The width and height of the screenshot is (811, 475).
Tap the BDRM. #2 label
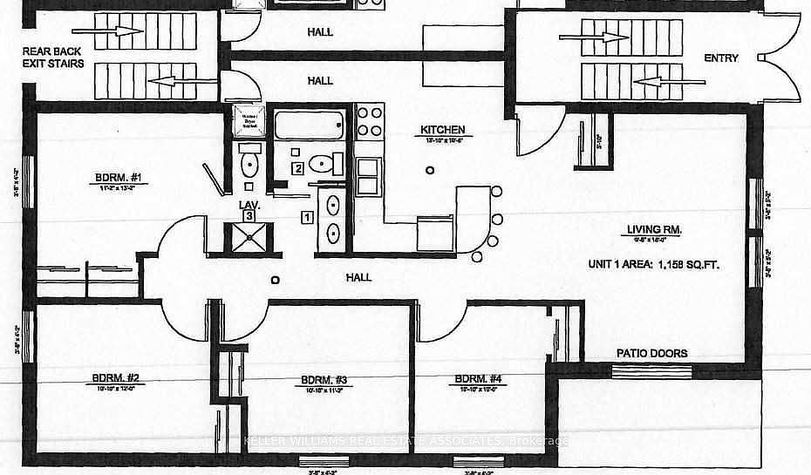tap(116, 378)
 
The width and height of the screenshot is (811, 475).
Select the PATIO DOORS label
tap(651, 353)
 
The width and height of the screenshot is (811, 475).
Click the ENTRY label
tap(721, 58)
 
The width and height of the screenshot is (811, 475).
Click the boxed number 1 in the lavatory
tap(306, 215)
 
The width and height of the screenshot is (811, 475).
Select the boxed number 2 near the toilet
tap(298, 168)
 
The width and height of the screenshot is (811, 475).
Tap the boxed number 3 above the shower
tap(249, 214)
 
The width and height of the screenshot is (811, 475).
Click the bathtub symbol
tap(310, 128)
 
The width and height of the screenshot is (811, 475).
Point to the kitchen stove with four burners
tap(370, 122)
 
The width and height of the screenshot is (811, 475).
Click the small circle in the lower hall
tap(276, 280)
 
